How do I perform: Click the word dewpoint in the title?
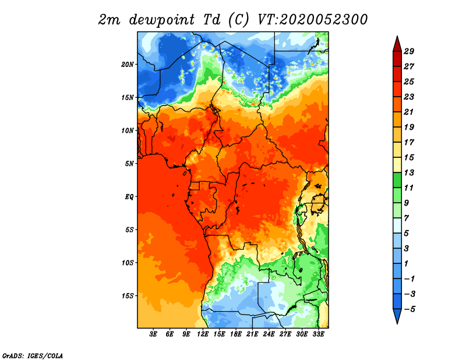click(162, 20)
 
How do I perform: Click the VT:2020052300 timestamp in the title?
click(312, 20)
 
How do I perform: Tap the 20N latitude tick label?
click(128, 65)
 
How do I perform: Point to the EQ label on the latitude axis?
click(129, 197)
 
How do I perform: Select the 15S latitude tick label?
click(128, 296)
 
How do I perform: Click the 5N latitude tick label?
click(129, 164)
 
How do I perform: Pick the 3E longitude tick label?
click(153, 334)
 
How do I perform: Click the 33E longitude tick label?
click(318, 334)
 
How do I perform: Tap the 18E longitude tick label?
click(236, 334)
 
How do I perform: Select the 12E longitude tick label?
click(203, 334)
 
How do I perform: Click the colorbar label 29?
click(409, 51)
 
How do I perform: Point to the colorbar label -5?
click(409, 309)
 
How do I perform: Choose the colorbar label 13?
click(409, 172)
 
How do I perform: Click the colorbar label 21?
click(409, 112)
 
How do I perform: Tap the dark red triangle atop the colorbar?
click(397, 45)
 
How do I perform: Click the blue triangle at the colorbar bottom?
click(397, 316)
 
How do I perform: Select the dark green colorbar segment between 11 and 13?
click(397, 180)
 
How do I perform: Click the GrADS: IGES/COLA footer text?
click(33, 356)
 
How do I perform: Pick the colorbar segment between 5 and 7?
click(397, 225)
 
